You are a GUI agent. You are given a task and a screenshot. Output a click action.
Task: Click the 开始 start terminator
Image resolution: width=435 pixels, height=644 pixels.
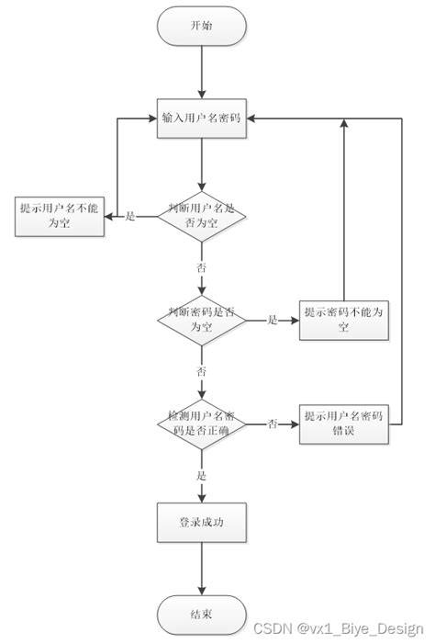tap(201, 27)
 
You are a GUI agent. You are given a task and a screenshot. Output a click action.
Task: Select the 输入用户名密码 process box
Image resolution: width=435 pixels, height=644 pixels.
tap(201, 119)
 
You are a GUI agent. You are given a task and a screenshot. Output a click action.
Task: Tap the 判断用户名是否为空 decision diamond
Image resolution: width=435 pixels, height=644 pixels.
tap(201, 216)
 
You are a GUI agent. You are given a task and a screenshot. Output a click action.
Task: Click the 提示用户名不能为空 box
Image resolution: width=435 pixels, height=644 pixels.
tap(57, 216)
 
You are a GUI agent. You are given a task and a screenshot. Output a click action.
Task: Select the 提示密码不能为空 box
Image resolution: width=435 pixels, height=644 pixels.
tap(344, 320)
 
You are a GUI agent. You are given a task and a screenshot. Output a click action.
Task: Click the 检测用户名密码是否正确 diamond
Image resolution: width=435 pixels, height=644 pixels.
tap(201, 424)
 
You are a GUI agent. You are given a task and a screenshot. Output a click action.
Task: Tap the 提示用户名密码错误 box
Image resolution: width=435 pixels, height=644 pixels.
tap(344, 424)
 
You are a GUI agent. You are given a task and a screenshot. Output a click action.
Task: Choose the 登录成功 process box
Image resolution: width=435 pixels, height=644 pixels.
tap(201, 522)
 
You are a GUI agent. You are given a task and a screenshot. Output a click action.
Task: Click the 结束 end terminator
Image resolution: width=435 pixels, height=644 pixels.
tap(201, 613)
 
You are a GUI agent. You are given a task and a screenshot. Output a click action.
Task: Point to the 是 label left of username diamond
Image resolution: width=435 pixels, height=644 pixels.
tap(129, 217)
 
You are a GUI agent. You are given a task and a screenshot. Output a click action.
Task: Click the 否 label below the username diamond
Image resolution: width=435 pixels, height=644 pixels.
tap(201, 268)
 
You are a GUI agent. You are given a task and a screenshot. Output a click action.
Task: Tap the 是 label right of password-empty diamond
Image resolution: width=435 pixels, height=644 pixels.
tap(273, 321)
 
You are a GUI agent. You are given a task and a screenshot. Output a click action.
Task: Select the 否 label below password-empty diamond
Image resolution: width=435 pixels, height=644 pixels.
tap(201, 372)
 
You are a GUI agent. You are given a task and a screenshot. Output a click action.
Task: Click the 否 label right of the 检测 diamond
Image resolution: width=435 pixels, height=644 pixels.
tap(273, 424)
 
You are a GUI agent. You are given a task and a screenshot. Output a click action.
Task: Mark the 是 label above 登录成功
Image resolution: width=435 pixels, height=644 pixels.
tap(201, 476)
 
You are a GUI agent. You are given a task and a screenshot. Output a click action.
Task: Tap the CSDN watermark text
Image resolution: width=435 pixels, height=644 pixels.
tap(338, 629)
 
